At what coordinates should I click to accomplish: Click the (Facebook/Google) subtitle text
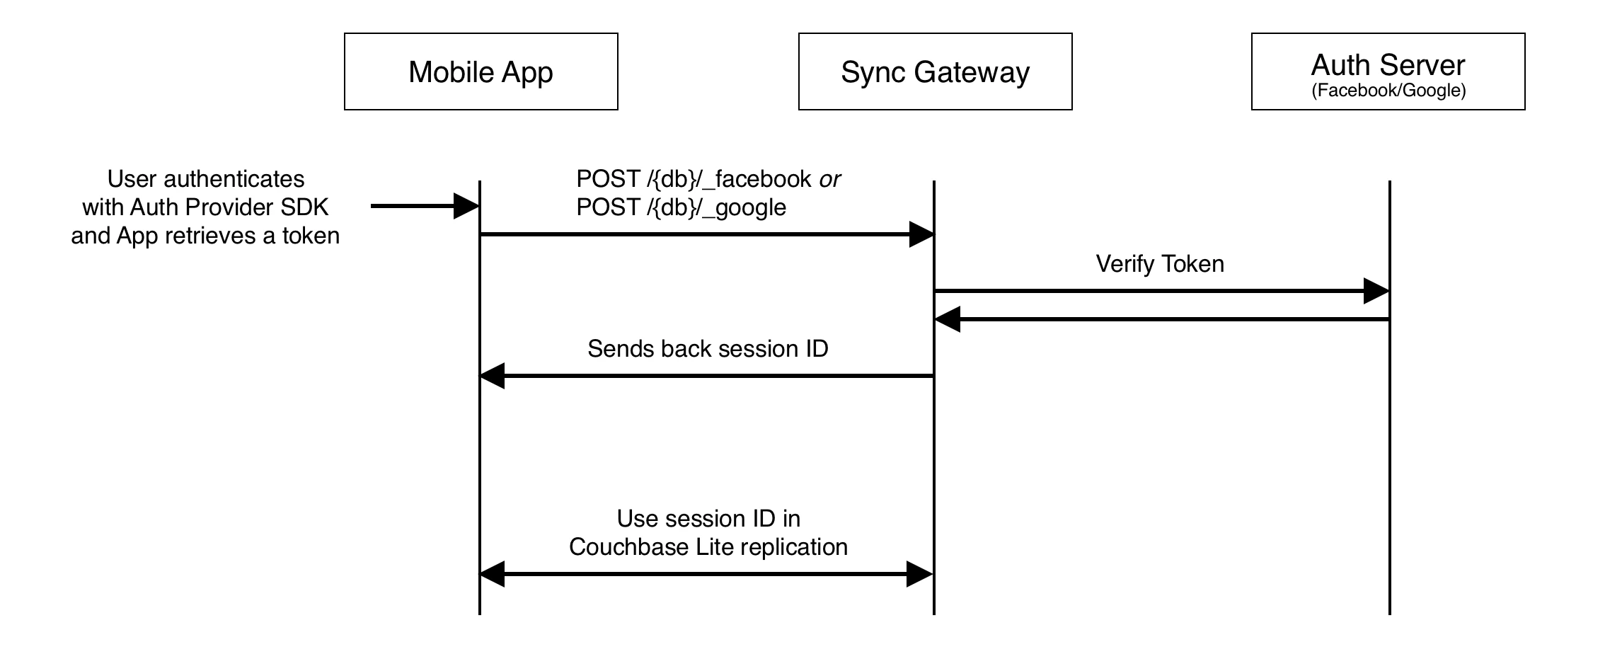(1388, 91)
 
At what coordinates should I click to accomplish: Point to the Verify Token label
(1160, 264)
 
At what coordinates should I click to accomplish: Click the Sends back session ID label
(708, 348)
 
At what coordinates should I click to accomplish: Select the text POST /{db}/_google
(681, 207)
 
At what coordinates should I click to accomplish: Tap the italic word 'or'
(829, 180)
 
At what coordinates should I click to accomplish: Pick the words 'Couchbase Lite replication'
(708, 547)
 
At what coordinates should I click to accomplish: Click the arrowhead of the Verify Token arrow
(1376, 291)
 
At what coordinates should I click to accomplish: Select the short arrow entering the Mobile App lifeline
(425, 206)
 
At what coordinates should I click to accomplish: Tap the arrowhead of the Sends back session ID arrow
(493, 376)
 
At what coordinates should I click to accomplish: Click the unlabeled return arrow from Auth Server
(1162, 319)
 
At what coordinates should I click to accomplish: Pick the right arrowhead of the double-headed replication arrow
(921, 574)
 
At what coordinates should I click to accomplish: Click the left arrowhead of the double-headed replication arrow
(493, 574)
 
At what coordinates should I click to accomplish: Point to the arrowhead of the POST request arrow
(921, 234)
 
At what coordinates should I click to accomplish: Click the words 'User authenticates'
(206, 179)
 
